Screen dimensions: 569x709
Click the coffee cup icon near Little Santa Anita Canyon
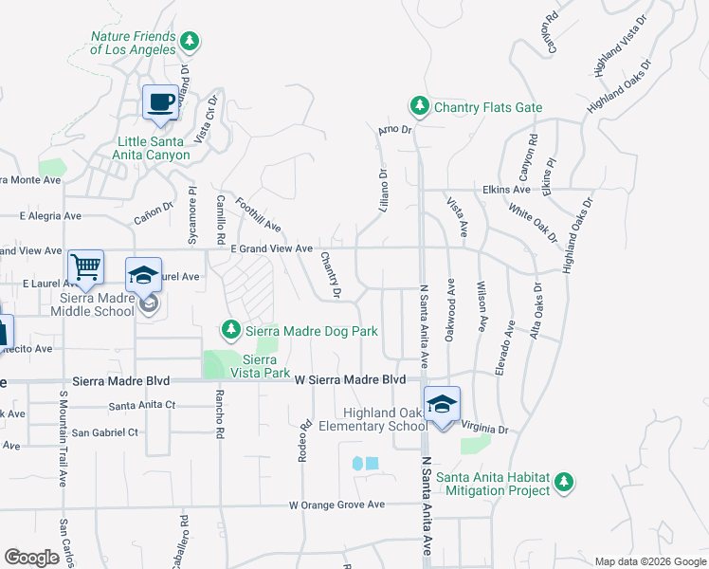[x=160, y=101]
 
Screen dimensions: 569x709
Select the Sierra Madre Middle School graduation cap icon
[x=143, y=275]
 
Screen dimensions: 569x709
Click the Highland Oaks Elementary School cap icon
[x=442, y=404]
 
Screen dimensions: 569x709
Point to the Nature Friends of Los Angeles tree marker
[x=191, y=40]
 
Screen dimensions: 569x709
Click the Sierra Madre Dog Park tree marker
[x=230, y=330]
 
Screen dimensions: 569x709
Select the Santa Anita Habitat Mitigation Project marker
[x=565, y=482]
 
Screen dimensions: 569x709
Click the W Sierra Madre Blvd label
[x=350, y=379]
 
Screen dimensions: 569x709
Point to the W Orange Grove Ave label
[x=337, y=505]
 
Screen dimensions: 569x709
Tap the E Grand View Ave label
[x=272, y=248]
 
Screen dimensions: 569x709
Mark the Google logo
[x=32, y=558]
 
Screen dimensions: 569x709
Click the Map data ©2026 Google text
[x=649, y=561]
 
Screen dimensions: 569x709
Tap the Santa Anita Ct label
[x=142, y=405]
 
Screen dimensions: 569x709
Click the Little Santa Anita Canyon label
[x=153, y=148]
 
